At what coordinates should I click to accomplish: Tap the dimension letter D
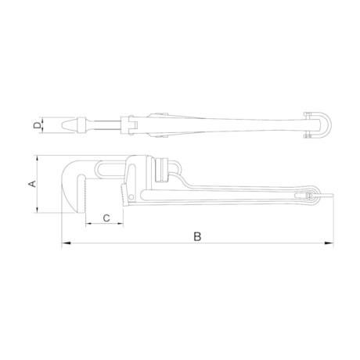(x=37, y=124)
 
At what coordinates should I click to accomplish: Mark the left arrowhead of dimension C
(x=88, y=226)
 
